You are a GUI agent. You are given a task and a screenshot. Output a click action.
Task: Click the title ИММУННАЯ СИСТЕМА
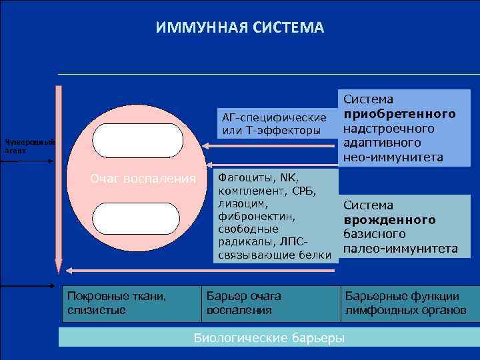pos(239,28)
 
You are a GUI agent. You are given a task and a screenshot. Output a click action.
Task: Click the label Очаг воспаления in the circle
pos(143,179)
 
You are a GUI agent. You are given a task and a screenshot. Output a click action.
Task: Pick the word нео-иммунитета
pos(393,157)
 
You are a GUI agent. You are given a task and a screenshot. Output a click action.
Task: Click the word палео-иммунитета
pos(400,249)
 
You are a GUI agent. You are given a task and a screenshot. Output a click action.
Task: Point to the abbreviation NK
pos(288,179)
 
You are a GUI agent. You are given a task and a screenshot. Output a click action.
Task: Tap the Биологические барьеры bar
pos(269,337)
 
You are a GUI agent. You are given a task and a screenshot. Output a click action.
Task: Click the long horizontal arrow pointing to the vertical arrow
pos(200,270)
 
